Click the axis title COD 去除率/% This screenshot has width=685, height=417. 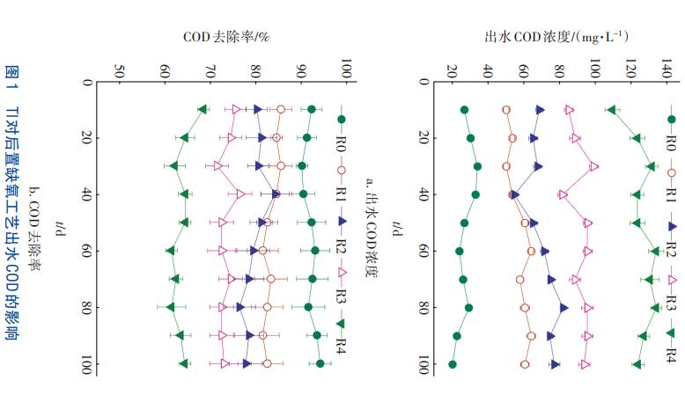(x=226, y=37)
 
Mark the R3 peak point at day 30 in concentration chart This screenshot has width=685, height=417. (x=594, y=166)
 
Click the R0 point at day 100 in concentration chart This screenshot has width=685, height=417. (x=453, y=363)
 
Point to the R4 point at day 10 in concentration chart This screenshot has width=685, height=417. (x=612, y=110)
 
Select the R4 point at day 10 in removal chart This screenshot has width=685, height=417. (x=203, y=109)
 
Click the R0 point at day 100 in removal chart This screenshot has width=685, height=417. (x=320, y=363)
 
